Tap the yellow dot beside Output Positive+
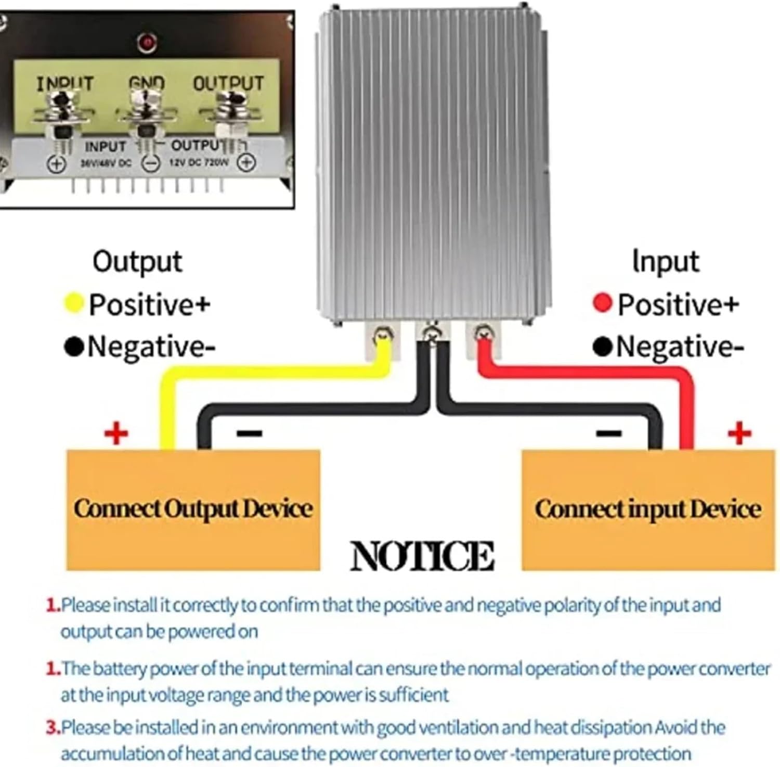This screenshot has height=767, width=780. tap(73, 303)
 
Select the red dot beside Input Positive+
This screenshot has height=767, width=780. tap(602, 303)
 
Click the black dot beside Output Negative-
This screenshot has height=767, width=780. tap(73, 347)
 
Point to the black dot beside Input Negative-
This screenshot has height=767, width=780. tap(602, 347)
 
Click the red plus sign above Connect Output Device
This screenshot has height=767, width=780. tap(116, 433)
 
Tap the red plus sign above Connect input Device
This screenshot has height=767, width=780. tap(739, 433)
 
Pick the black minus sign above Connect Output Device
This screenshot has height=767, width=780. tap(250, 433)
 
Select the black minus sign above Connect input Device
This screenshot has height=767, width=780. tap(608, 433)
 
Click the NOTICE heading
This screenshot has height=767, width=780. tap(422, 556)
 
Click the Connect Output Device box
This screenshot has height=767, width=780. tap(193, 509)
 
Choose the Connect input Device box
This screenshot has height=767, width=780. tap(648, 509)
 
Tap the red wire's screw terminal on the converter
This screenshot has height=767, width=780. tap(484, 332)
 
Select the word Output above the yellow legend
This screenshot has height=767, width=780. tap(137, 261)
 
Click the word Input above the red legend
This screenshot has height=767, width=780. tap(665, 261)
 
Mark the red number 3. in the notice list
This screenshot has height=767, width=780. tap(53, 727)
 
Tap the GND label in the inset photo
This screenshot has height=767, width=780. tap(147, 83)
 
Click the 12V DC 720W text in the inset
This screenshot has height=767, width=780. tap(199, 162)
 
